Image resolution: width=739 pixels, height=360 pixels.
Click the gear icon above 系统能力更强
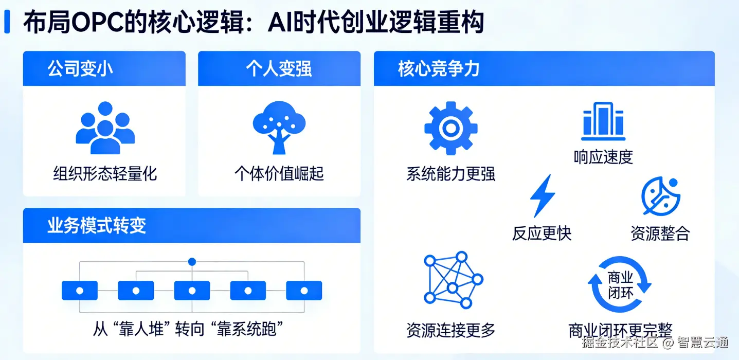click(450, 128)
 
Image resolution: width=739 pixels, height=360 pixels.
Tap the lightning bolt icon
click(543, 196)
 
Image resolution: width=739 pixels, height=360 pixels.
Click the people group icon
click(105, 128)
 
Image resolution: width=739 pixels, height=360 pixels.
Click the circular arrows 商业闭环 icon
click(620, 285)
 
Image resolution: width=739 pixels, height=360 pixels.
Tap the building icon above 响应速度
click(603, 121)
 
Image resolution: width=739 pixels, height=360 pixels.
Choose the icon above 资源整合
click(660, 196)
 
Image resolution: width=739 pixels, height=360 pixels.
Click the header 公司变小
click(80, 69)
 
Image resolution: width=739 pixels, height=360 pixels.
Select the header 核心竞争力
click(439, 69)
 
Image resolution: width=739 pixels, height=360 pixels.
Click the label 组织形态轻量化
click(105, 173)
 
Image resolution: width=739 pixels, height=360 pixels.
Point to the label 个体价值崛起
click(279, 173)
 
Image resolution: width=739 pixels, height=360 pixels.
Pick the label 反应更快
click(542, 233)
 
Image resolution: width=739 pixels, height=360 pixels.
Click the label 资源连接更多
click(450, 330)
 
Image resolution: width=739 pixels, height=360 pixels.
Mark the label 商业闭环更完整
click(620, 330)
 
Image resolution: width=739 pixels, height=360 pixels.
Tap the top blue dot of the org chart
click(192, 262)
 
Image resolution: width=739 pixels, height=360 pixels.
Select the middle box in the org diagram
click(192, 291)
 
